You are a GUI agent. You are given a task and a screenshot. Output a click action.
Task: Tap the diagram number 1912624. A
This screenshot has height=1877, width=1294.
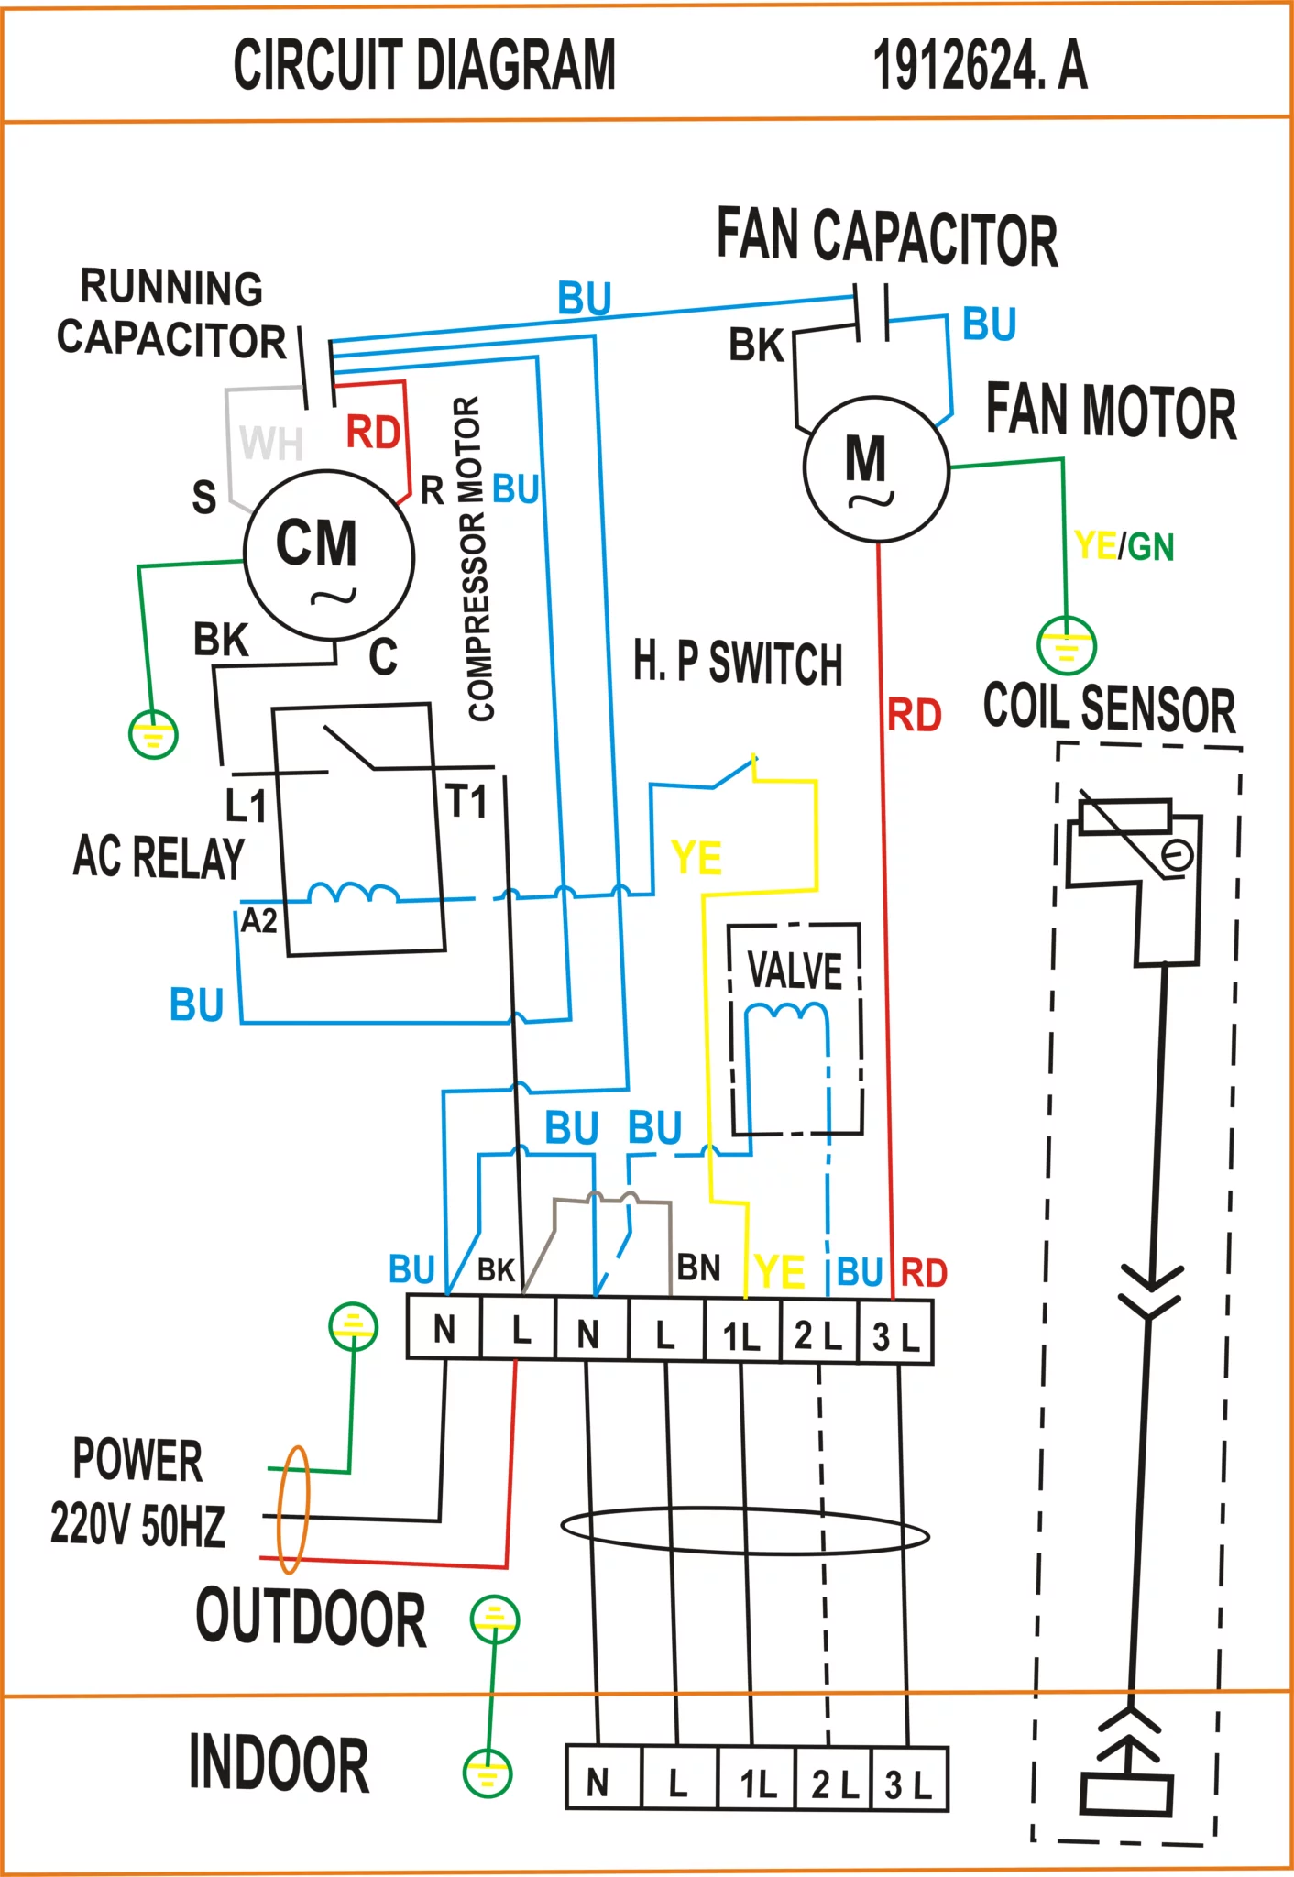pos(980,65)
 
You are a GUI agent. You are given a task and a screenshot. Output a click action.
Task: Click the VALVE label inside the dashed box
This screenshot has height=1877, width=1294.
pos(795,971)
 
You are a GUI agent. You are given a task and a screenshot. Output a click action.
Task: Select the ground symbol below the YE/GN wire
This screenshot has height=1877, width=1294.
pos(1067,645)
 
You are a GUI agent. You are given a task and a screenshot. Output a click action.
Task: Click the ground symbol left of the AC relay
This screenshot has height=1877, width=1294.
pos(153,734)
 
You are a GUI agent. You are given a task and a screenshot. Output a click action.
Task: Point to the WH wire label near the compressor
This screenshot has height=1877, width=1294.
pos(271,443)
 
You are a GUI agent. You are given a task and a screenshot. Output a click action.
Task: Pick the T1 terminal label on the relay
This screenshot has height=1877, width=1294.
pos(467,801)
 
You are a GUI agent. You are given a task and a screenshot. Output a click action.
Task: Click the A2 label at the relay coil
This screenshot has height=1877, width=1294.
pos(258,920)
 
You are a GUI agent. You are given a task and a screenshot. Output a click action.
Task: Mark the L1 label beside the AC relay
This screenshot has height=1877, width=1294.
pos(246,806)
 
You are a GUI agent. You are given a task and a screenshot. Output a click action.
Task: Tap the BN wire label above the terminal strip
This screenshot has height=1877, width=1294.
pos(698,1268)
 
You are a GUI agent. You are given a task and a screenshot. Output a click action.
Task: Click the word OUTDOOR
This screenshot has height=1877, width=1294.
pos(312,1619)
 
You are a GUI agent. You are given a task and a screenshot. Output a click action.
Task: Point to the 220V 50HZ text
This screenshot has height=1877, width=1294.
pos(137,1525)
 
